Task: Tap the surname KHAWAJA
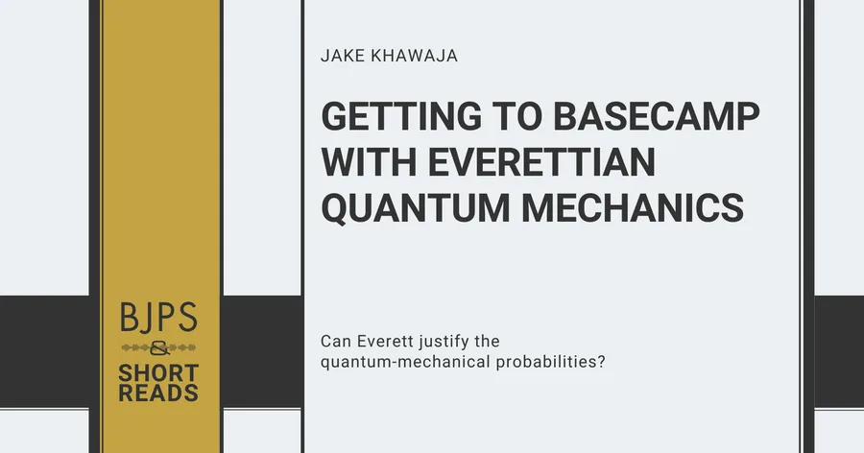point(415,56)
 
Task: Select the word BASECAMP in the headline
point(657,116)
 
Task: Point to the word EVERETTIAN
point(541,162)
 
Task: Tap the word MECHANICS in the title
point(633,207)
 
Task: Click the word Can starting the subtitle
point(336,341)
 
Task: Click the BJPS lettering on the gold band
point(158,317)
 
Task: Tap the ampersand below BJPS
point(159,348)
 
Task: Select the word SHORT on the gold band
point(158,373)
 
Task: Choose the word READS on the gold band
point(158,393)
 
